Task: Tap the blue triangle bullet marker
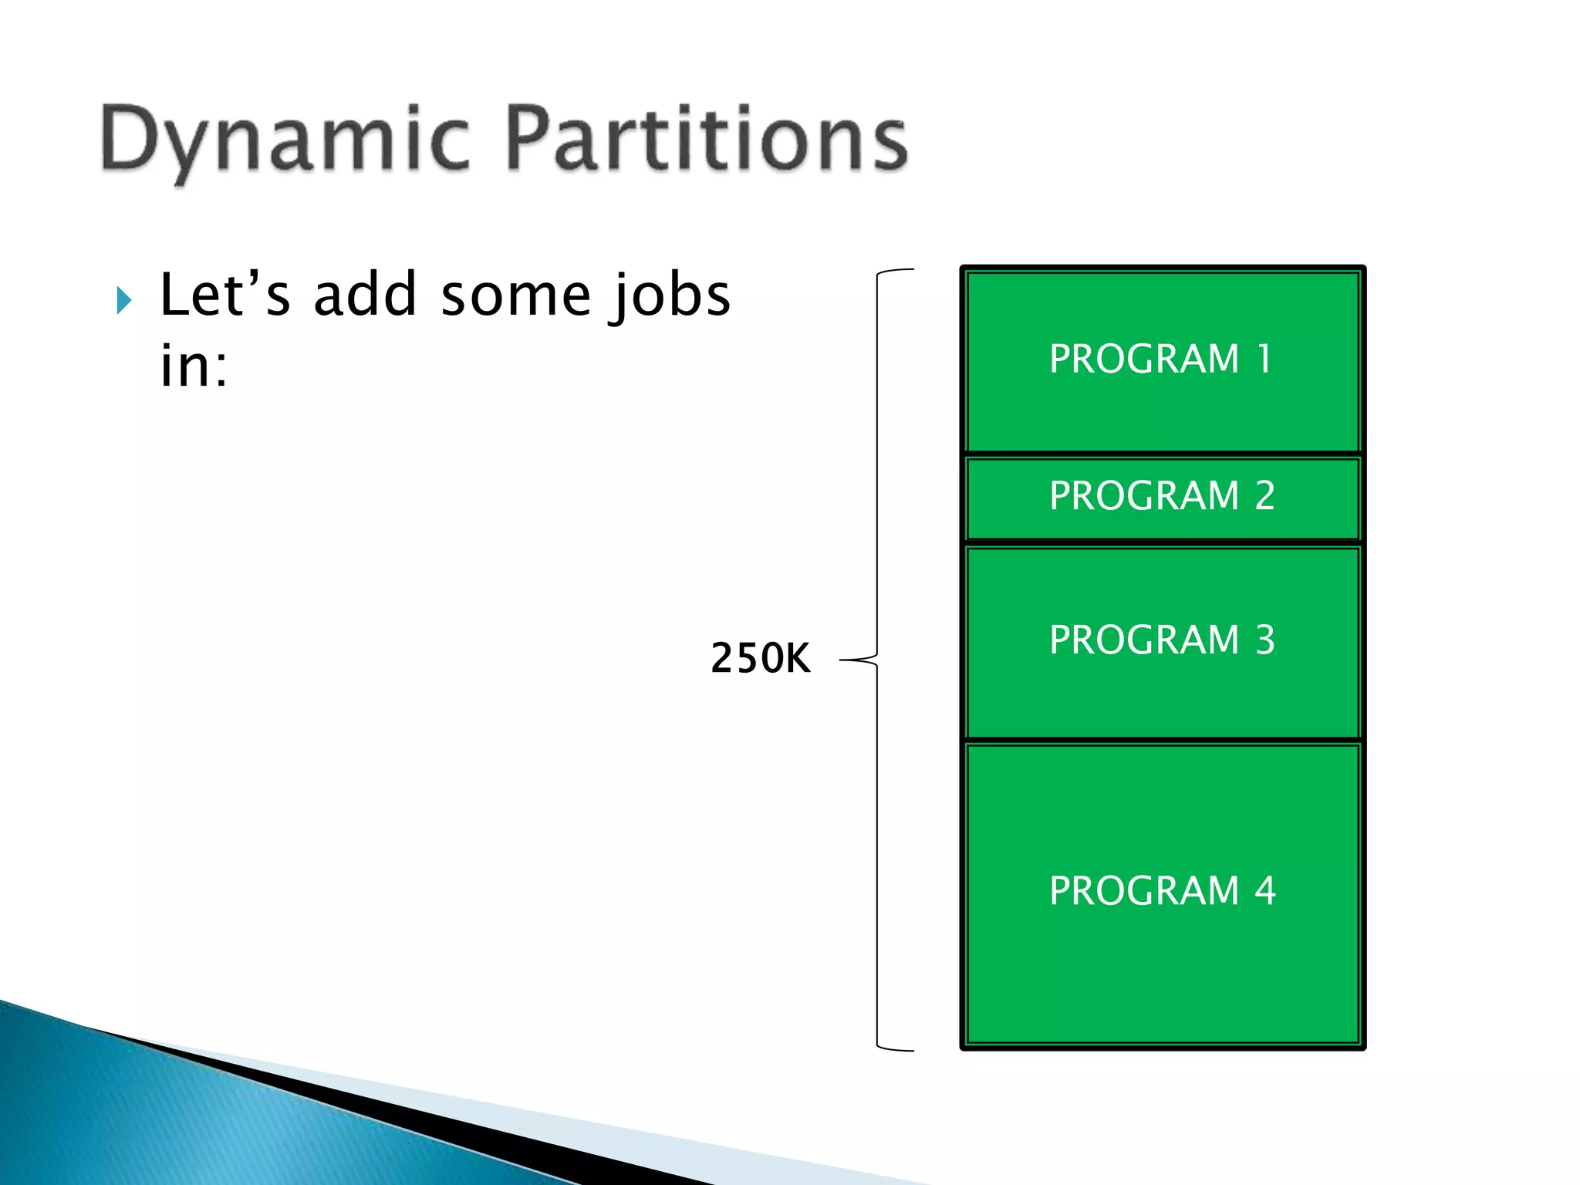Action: coord(124,300)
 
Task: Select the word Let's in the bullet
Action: coord(225,295)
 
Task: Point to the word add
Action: coord(365,295)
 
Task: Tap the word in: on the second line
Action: coord(194,366)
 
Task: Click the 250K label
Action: coord(760,658)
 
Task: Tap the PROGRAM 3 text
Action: coord(1161,640)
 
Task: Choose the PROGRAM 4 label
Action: coord(1162,891)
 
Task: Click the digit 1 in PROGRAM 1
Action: coord(1264,359)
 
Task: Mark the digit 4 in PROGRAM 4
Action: coord(1264,891)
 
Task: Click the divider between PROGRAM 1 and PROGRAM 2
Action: coord(1162,454)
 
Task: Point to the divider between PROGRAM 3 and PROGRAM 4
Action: coord(1162,741)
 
